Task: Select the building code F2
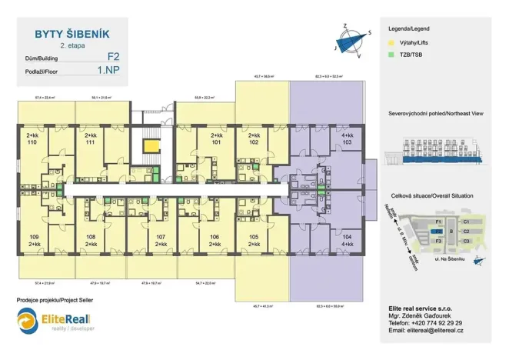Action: pos(113,57)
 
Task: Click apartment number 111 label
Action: pos(91,143)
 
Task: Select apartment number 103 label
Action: pos(347,143)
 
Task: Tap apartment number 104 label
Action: pos(347,237)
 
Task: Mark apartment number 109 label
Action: pos(34,236)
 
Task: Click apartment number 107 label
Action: pos(161,236)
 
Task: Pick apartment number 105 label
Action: pos(254,236)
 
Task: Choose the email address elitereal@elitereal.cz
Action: pos(427,332)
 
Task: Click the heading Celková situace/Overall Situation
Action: pos(431,196)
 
